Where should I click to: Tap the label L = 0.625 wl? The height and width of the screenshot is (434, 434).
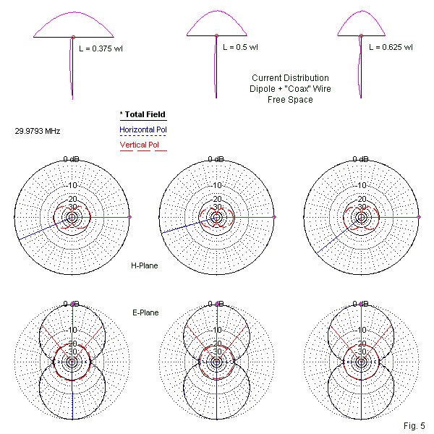coord(391,48)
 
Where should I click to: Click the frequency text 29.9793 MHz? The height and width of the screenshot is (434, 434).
coord(37,131)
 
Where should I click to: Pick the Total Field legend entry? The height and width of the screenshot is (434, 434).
coord(142,114)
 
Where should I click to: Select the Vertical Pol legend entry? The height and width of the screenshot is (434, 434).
coord(140,145)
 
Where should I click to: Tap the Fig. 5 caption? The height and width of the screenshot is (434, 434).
coord(417,425)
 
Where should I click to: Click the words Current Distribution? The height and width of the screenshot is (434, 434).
coord(289,78)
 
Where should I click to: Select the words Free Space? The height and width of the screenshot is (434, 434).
coord(289,100)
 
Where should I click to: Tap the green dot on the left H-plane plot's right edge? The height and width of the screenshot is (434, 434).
coord(129,216)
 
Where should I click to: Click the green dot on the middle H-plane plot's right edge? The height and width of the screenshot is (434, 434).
coord(275,216)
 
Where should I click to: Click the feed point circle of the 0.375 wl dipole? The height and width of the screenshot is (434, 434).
coord(73,35)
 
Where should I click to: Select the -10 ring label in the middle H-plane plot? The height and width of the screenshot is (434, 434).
coord(216,185)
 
